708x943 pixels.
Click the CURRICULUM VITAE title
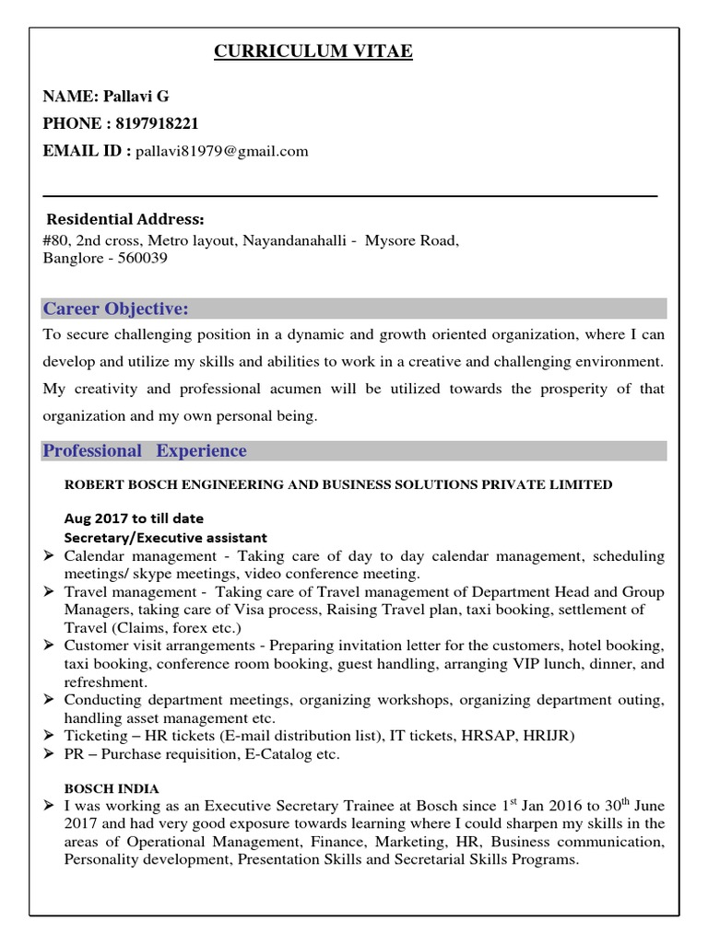313,52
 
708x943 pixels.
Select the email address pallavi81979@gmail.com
222,151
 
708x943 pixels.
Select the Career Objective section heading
116,307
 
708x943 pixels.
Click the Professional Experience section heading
146,450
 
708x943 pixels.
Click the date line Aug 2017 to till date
134,518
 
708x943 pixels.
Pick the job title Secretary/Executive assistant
165,537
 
